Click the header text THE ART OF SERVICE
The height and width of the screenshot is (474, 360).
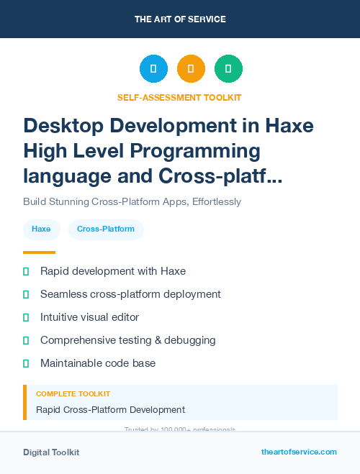180,19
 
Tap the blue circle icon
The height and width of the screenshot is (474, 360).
153,68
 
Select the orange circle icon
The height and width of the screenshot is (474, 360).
191,68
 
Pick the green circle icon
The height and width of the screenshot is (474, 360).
228,68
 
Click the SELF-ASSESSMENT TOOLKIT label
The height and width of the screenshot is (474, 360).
179,97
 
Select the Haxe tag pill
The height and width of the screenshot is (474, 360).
41,229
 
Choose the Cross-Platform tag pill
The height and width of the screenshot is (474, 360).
106,229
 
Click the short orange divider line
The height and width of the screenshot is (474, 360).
39,252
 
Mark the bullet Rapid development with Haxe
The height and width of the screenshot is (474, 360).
113,271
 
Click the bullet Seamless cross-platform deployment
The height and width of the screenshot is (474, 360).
130,294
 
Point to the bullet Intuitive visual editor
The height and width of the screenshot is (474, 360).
89,317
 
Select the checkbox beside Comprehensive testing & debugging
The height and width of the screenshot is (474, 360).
26,340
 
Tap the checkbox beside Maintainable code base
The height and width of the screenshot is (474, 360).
26,363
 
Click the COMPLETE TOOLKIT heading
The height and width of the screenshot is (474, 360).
73,394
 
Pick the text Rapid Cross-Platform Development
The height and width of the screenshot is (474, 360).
110,410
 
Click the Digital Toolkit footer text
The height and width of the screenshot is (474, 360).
51,452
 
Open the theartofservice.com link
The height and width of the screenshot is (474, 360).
299,452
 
